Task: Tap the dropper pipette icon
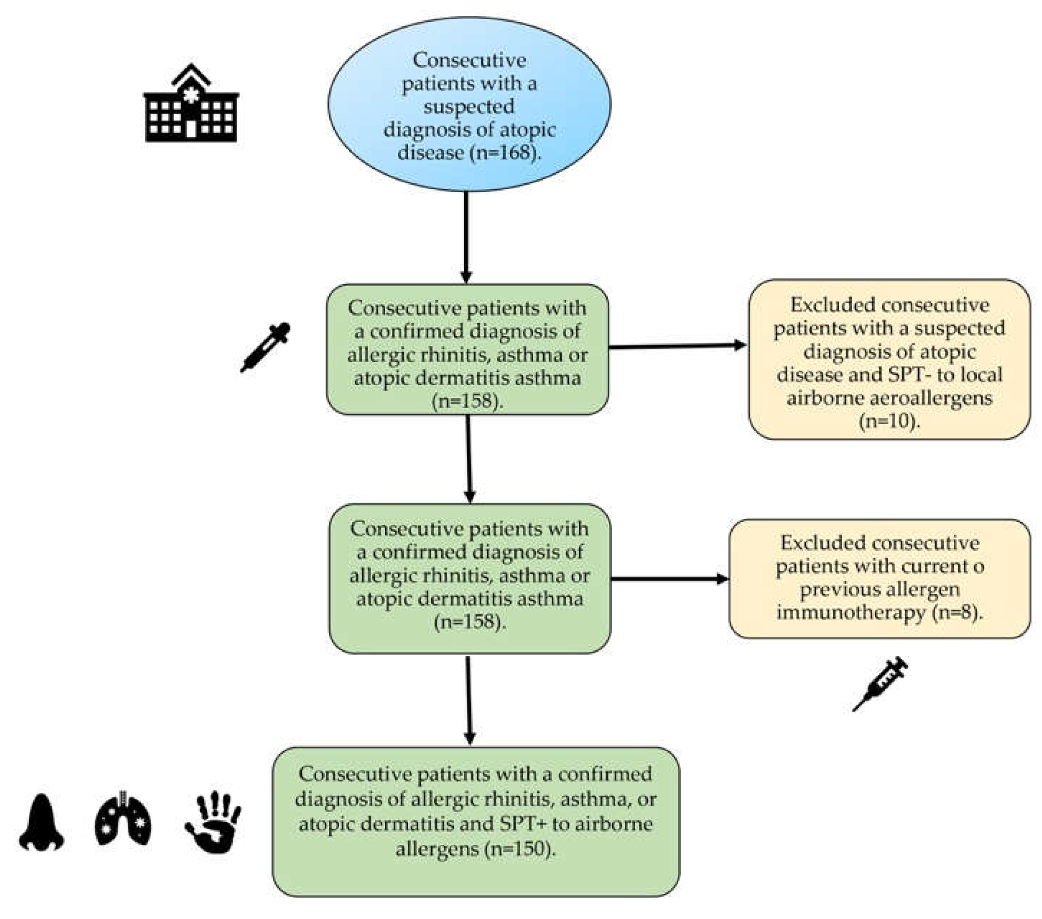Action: [265, 347]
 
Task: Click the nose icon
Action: [41, 822]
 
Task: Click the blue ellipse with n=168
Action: [469, 104]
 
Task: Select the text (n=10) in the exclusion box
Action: [889, 421]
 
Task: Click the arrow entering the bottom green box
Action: [469, 700]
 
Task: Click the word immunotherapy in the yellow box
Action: [851, 612]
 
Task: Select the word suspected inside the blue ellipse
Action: [469, 106]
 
